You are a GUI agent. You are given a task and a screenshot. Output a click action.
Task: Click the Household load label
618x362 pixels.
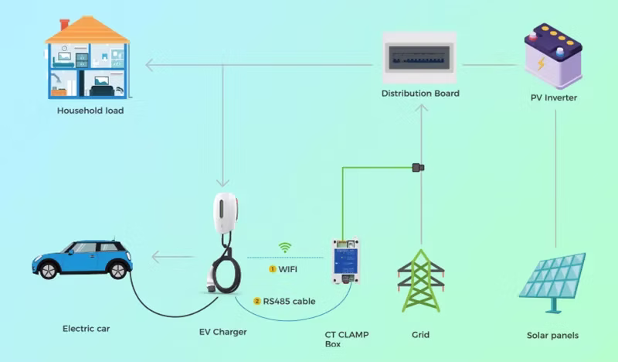[x=90, y=111]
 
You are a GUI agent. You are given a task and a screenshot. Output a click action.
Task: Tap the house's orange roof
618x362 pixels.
[x=87, y=30]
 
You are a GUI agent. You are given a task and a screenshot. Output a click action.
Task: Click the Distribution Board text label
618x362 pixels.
[x=420, y=94]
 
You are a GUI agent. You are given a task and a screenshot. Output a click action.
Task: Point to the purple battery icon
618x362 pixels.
[x=553, y=55]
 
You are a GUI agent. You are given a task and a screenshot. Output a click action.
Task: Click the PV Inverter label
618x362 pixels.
[x=553, y=98]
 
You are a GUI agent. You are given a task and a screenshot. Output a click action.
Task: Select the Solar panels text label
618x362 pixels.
[x=552, y=336]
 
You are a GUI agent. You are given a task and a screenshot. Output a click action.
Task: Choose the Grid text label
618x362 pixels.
[x=421, y=335]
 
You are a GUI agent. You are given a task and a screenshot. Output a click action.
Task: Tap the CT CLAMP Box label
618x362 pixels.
[x=347, y=339]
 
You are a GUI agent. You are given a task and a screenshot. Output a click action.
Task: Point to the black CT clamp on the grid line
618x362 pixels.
[x=418, y=167]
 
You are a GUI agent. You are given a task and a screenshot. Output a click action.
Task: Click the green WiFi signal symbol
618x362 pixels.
[x=285, y=248]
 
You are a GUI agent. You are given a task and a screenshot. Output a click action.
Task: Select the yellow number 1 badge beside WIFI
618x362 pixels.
[x=272, y=269]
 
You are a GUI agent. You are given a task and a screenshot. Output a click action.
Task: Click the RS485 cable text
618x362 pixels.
[x=289, y=301]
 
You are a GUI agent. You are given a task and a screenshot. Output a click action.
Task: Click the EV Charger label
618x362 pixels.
[x=223, y=332]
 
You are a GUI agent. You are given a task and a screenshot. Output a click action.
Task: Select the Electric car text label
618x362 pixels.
[x=86, y=329]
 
